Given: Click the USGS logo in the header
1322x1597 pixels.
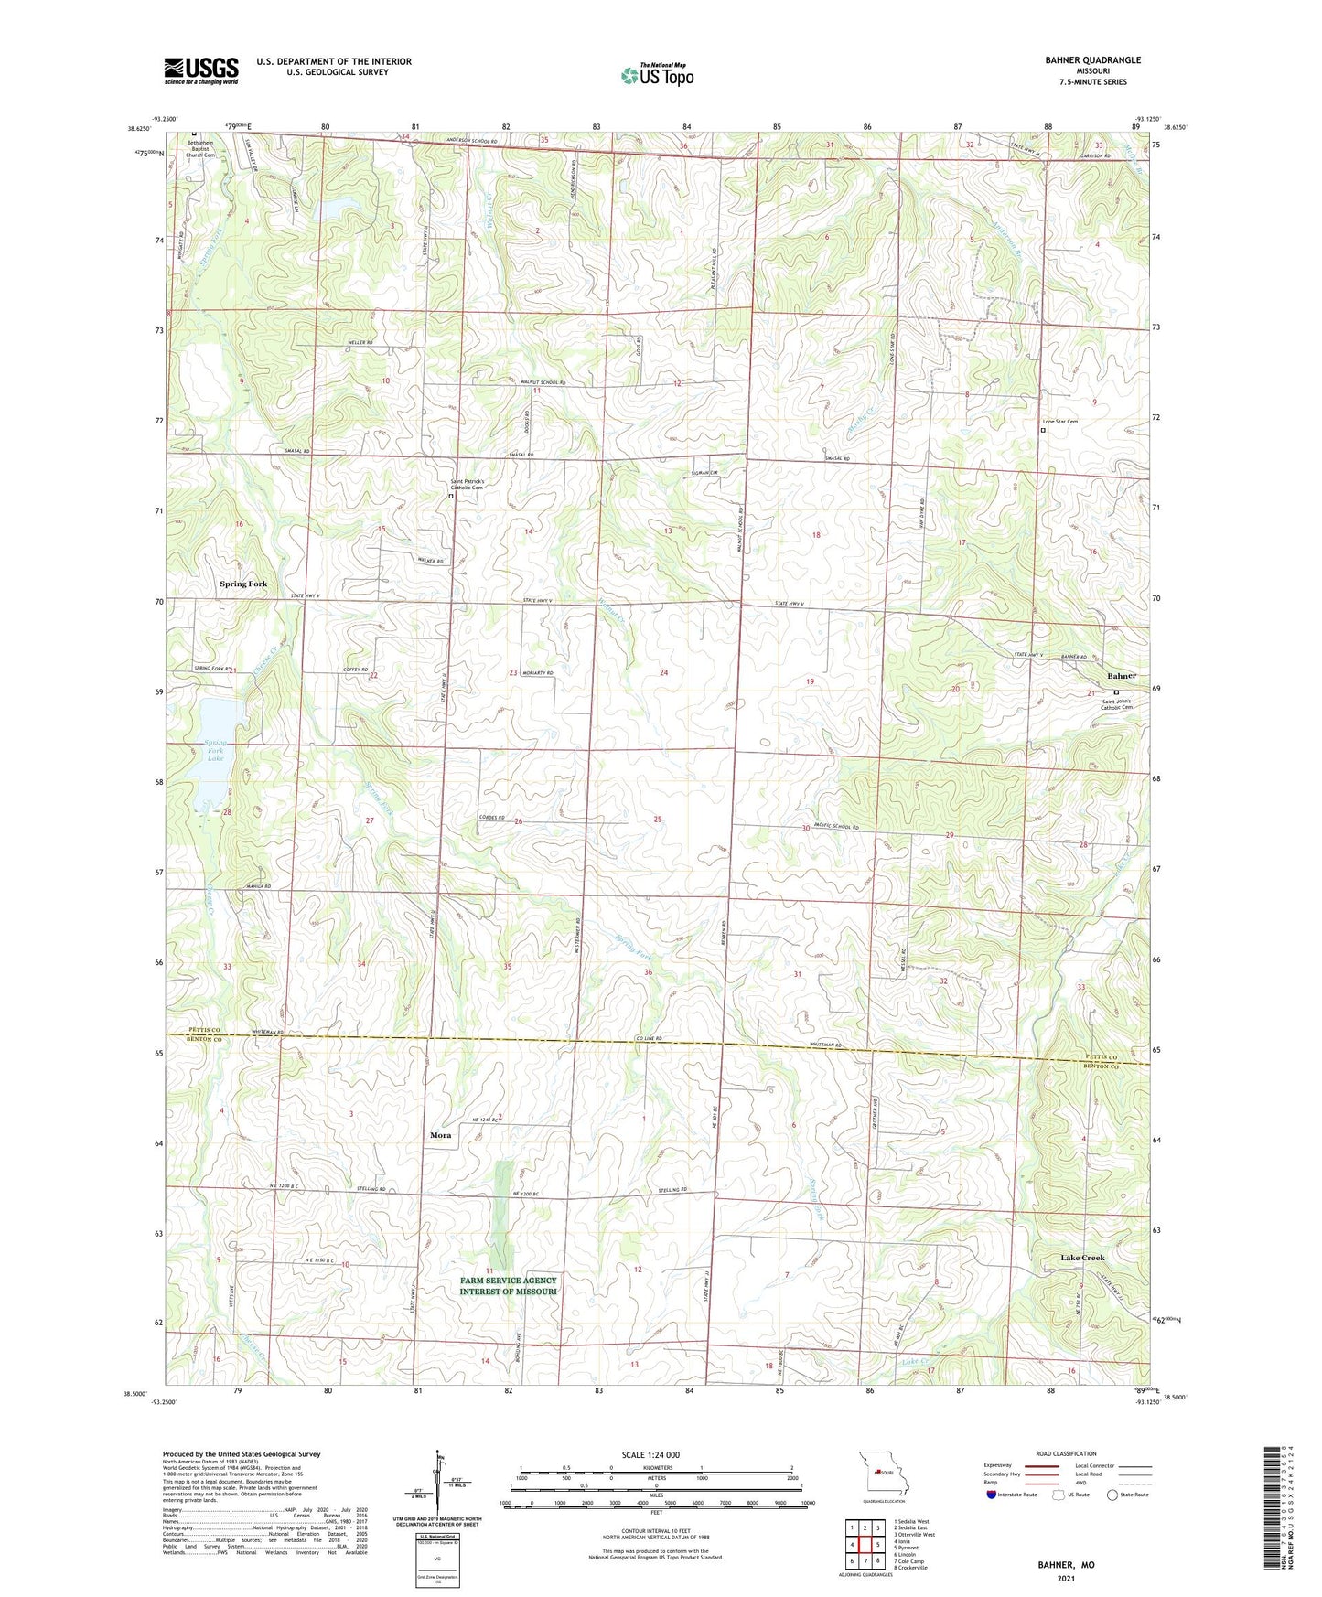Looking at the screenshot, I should [201, 70].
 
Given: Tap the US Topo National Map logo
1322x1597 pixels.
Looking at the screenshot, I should [656, 74].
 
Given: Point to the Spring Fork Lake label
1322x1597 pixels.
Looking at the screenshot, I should [215, 750].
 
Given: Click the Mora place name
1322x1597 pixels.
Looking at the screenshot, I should [440, 1135].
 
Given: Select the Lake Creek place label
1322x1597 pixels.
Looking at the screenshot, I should [1082, 1258].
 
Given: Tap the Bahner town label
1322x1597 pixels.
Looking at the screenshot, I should [1122, 676].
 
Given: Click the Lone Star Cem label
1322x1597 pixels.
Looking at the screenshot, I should [1060, 422].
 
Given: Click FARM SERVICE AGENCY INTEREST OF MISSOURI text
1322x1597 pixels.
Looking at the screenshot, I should [508, 1286].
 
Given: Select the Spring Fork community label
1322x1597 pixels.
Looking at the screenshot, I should [242, 584].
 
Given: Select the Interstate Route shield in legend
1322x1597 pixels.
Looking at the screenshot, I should [993, 1495].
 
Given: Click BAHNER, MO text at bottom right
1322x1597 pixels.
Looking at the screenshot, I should [1066, 1565].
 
